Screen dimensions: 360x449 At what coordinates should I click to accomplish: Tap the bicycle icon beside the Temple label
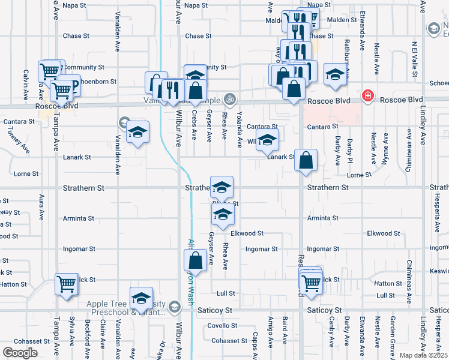click(229, 98)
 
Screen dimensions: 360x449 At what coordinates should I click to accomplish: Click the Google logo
click(20, 352)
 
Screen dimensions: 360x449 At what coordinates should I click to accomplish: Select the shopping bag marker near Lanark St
click(306, 160)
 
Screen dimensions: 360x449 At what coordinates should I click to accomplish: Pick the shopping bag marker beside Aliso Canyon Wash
click(195, 261)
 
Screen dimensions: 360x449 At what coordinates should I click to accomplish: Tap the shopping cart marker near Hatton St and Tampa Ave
click(66, 284)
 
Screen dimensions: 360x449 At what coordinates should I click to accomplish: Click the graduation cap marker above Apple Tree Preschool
click(141, 298)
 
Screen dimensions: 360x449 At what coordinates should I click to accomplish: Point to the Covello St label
click(223, 326)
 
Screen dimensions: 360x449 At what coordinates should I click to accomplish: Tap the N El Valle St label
click(414, 60)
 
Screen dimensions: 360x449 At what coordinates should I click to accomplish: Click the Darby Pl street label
click(348, 150)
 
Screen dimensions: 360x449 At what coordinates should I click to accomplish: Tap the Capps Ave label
click(256, 344)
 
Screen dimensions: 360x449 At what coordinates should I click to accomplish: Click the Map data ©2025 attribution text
click(423, 355)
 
